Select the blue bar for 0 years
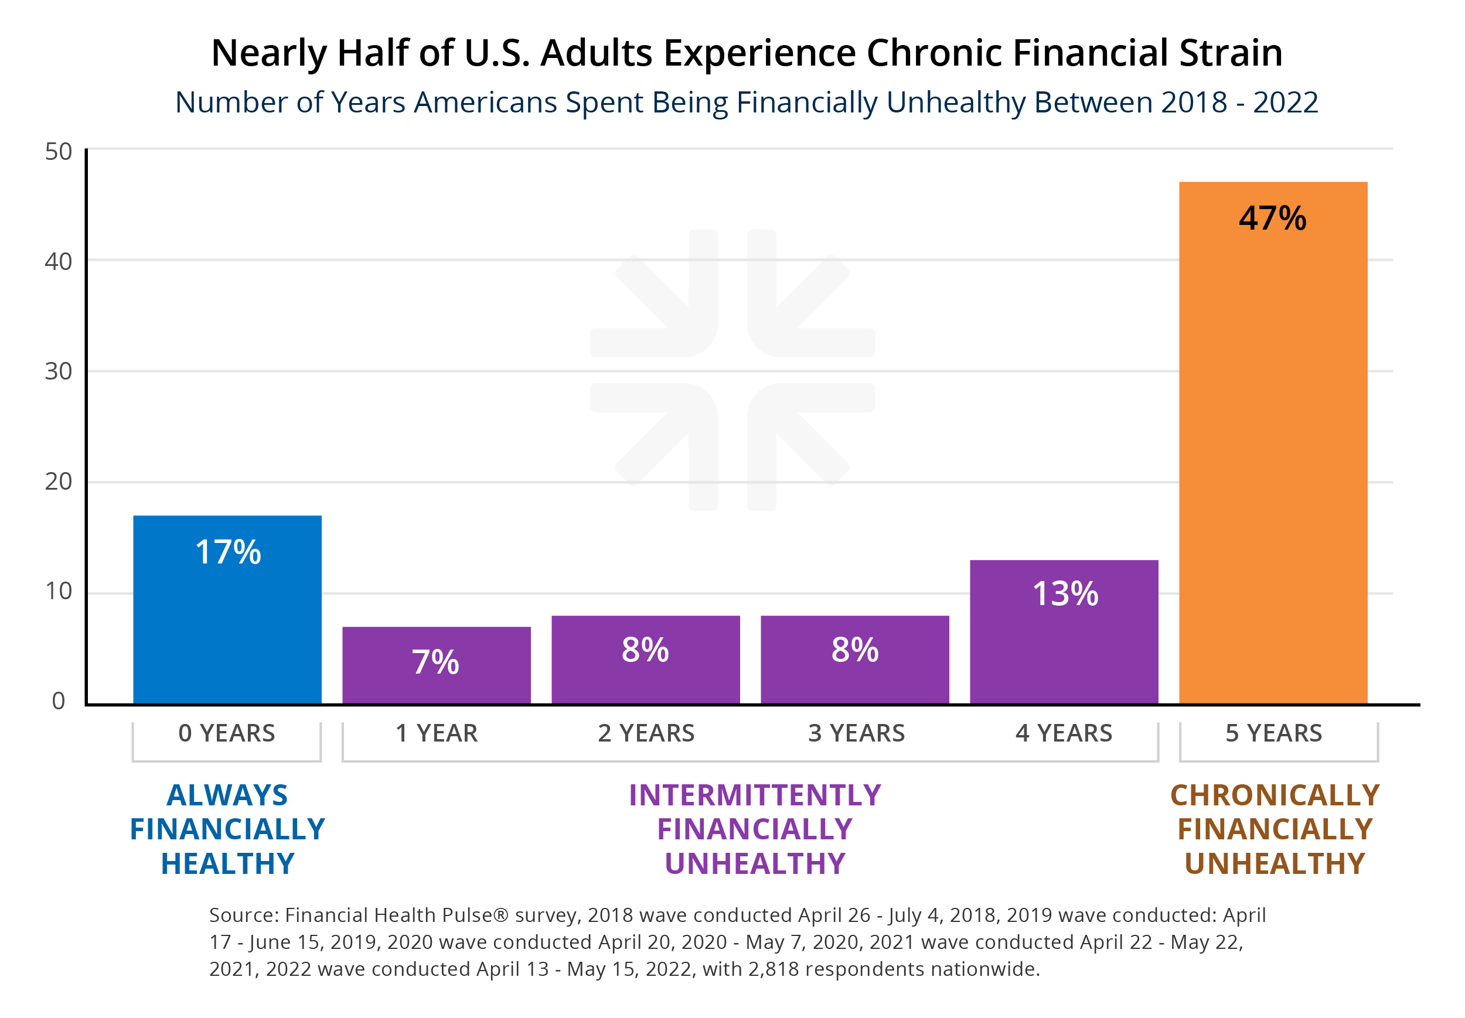pos(227,625)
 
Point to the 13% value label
pos(1065,594)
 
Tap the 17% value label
pos(228,552)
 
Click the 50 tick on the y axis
pos(58,152)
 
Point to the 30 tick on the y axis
pos(58,371)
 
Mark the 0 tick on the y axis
pos(58,701)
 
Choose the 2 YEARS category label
pos(646,733)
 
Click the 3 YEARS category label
pos(856,733)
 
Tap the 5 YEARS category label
pos(1273,733)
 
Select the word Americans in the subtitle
pos(485,103)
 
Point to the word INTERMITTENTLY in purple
pos(755,795)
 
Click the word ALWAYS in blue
pos(227,795)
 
